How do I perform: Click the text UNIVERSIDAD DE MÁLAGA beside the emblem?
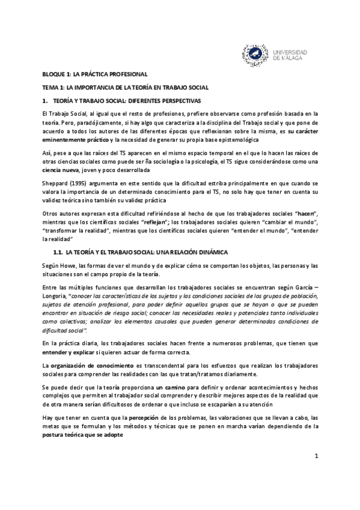point(290,55)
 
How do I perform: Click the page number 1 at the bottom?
point(316,473)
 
